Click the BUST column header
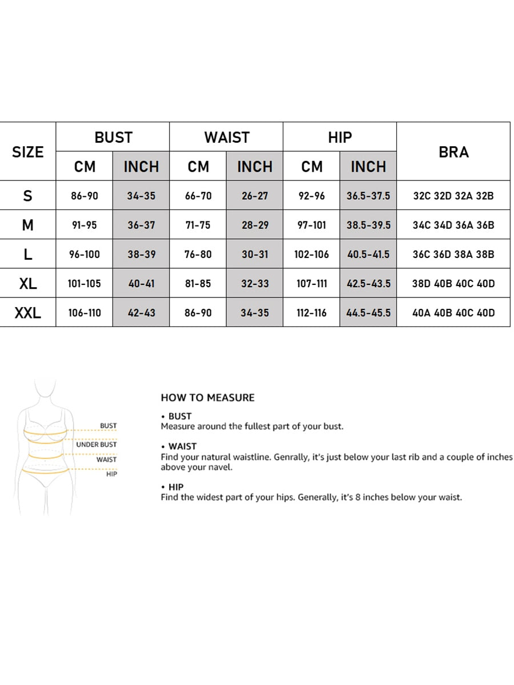tap(113, 138)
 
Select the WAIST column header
tap(227, 138)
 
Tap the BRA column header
tap(453, 152)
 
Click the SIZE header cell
tap(27, 152)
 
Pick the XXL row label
tap(27, 313)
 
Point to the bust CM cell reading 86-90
tap(85, 196)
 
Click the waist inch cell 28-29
tap(255, 225)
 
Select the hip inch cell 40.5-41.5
tap(368, 254)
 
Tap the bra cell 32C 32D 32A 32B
tap(453, 196)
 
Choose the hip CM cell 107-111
tap(312, 283)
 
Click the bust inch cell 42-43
tap(141, 313)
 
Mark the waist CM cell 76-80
tap(198, 254)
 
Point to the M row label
tap(27, 225)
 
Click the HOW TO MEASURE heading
tap(207, 397)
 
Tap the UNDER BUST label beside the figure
tap(96, 444)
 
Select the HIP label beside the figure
tap(111, 474)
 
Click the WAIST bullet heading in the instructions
tap(182, 446)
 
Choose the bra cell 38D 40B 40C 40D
tap(453, 283)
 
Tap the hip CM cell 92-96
tap(312, 196)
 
